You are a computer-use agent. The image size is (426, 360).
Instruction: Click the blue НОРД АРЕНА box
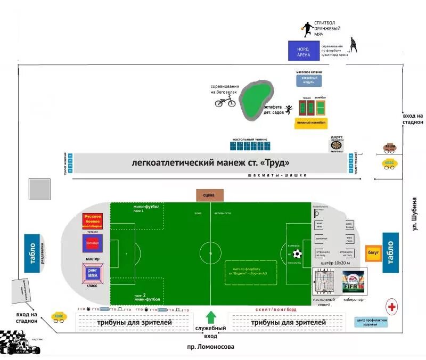pos(304,52)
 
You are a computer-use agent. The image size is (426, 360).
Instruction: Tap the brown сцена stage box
pos(209,195)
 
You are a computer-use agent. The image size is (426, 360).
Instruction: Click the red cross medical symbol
pos(392,307)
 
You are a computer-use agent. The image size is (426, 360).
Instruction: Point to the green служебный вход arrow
pos(211,317)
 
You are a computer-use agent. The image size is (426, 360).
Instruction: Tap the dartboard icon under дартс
pos(337,145)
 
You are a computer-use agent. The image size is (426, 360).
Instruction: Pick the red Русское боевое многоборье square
pos(92,221)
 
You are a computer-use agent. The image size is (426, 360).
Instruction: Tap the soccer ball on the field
pos(297,254)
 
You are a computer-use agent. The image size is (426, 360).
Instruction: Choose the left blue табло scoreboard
pos(32,253)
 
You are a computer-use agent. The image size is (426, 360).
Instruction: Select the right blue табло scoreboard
pos(390,252)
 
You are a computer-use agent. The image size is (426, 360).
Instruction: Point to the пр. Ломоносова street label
pos(212,347)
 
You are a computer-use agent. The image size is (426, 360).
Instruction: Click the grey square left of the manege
pos(39,190)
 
